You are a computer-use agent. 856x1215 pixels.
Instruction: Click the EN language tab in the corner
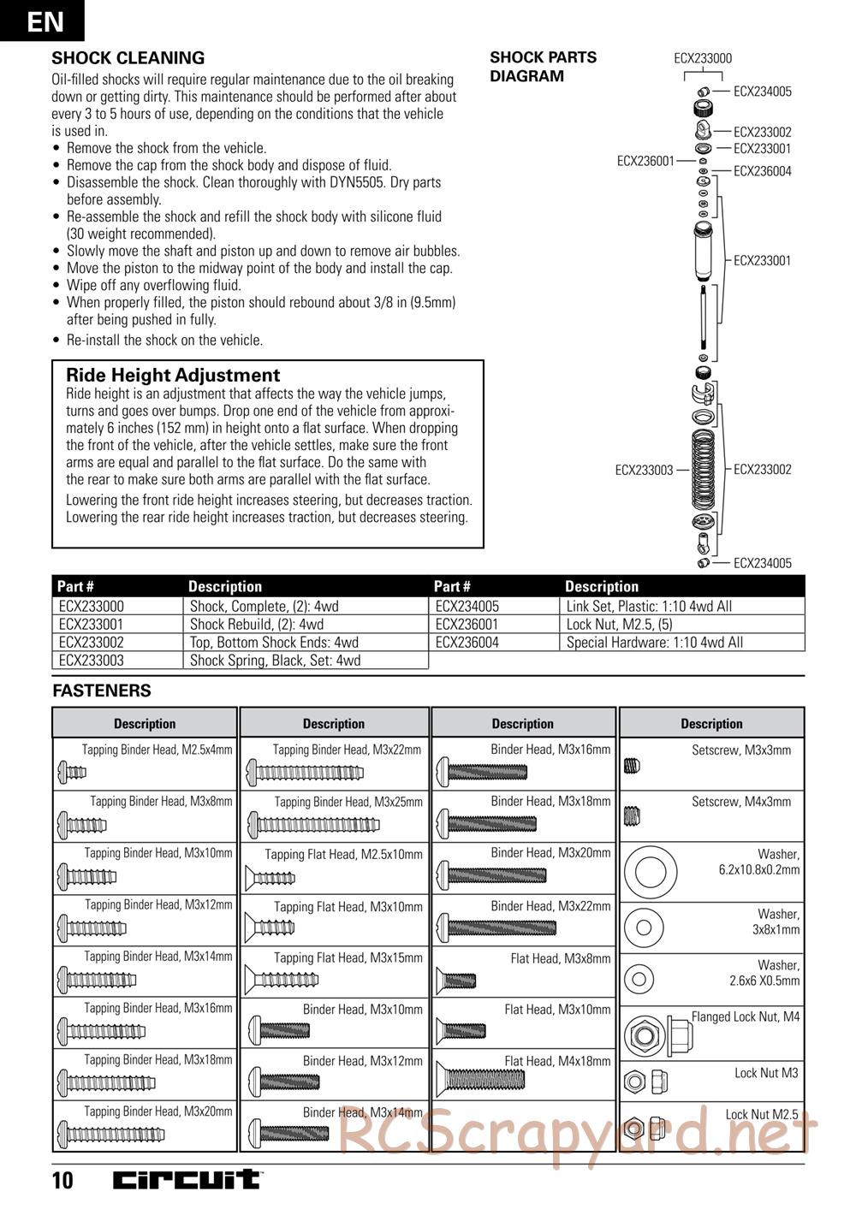(43, 20)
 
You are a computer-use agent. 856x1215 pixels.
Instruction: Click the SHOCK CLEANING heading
(128, 58)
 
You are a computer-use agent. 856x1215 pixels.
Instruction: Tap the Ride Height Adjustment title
(173, 375)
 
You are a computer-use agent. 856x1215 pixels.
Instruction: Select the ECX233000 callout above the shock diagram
(703, 58)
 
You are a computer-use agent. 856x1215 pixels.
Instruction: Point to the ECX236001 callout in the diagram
(645, 160)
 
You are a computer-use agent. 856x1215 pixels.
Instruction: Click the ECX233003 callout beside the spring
(644, 470)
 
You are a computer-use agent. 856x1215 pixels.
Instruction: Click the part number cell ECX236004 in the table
(467, 643)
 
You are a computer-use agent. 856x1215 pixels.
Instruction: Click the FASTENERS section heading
(101, 690)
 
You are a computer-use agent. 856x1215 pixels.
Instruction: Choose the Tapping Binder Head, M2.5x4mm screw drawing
(72, 773)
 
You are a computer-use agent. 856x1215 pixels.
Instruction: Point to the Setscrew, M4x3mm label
(741, 802)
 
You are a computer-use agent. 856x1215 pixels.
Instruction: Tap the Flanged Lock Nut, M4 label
(746, 1016)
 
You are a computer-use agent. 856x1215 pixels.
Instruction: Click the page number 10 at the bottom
(62, 1182)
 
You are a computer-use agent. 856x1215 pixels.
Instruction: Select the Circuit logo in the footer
(188, 1180)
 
